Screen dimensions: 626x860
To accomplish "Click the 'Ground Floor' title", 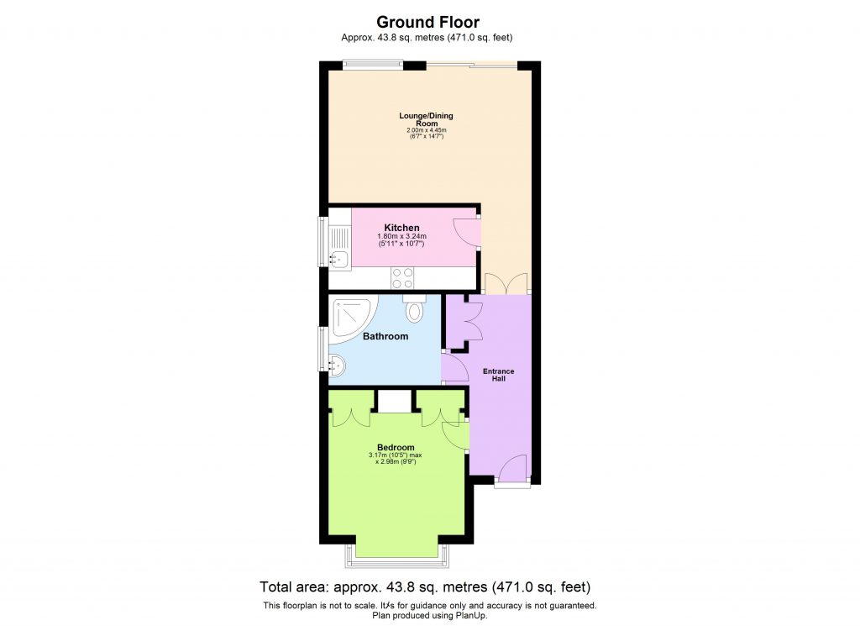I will click(428, 22).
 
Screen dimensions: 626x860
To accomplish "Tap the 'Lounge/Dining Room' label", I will click(427, 119).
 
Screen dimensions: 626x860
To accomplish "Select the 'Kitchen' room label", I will click(401, 228).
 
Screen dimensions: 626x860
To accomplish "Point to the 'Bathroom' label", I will click(385, 336).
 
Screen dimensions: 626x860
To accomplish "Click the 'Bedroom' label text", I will click(396, 447).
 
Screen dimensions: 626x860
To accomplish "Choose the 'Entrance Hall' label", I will click(498, 375).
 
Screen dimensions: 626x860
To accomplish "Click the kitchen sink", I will click(340, 259).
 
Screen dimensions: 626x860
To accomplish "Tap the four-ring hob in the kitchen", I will click(401, 277).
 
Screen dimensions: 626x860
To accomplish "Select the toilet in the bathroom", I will click(414, 311).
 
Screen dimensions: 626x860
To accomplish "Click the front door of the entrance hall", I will click(511, 469).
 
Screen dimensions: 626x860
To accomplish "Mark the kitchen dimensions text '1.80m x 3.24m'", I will click(401, 237).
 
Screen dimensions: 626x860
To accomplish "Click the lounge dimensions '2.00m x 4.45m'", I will click(427, 131).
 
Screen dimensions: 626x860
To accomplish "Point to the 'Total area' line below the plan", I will click(428, 587).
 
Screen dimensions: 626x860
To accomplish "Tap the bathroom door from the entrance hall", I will click(454, 368).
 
